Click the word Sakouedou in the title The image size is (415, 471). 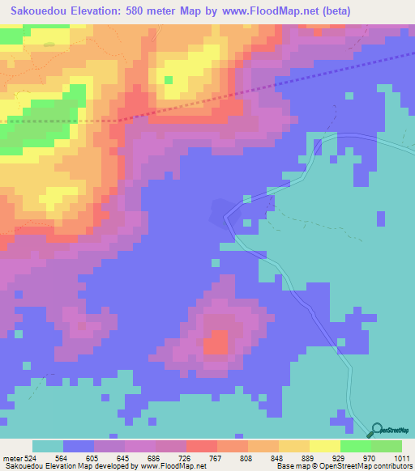click(38, 11)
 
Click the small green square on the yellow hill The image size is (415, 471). click(169, 79)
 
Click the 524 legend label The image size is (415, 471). click(29, 457)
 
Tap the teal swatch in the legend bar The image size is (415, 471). click(48, 446)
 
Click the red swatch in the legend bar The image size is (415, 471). click(202, 446)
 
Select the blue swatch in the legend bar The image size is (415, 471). click(79, 446)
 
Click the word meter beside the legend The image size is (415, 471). click(12, 457)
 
